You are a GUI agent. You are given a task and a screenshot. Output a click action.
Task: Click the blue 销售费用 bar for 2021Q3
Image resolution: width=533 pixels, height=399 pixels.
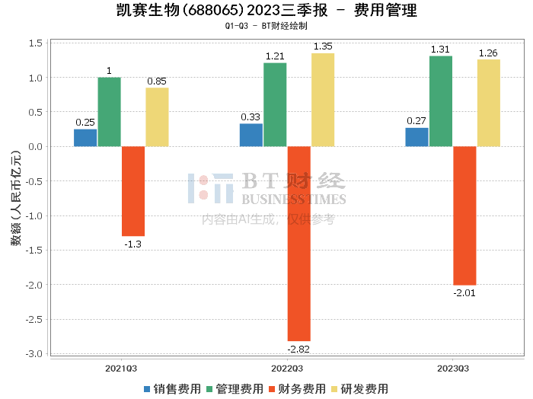point(85,138)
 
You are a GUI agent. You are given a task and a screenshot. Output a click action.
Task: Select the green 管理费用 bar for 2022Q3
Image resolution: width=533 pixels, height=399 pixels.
point(275,104)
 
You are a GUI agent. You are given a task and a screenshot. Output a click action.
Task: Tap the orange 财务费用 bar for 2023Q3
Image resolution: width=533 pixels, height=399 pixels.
point(464,215)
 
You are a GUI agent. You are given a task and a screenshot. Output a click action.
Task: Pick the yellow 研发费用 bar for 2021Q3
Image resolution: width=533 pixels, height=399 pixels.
point(157,117)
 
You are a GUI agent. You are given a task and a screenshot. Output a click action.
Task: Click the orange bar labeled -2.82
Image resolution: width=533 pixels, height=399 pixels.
point(298,244)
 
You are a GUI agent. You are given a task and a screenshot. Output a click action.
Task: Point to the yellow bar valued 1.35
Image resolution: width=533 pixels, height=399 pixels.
point(322,100)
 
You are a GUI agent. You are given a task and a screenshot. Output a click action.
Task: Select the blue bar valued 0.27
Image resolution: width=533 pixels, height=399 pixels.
point(417,137)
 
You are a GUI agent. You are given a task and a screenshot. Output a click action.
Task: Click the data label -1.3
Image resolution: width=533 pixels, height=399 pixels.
point(132,244)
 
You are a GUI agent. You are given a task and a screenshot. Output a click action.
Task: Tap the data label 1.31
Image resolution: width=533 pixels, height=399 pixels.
point(440,49)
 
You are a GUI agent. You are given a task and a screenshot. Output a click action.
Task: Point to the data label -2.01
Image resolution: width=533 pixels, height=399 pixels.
point(464,292)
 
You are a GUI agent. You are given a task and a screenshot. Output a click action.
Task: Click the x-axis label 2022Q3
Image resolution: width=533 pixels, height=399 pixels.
point(286,368)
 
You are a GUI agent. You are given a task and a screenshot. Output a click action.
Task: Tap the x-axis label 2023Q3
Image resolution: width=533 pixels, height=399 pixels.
point(452,368)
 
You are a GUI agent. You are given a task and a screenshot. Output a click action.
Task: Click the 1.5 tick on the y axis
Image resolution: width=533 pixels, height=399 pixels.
point(34,43)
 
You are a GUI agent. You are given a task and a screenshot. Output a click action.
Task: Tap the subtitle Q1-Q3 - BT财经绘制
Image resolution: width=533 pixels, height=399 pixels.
point(266,26)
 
